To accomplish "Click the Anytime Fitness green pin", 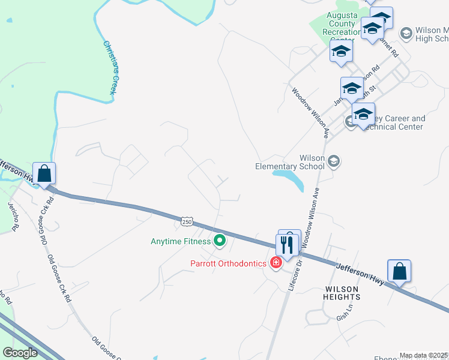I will [x=220, y=241].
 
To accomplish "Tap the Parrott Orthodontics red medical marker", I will [x=276, y=263].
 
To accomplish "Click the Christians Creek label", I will [x=109, y=67].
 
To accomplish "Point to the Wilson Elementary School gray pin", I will [x=334, y=161].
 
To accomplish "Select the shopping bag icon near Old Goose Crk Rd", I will [x=44, y=174].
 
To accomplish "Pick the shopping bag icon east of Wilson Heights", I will [x=399, y=272].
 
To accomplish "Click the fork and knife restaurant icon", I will [x=287, y=244].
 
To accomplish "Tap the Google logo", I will [x=20, y=353].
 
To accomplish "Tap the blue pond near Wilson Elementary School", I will [x=289, y=178].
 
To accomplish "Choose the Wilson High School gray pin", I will [x=406, y=32].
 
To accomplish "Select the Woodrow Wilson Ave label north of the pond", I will [x=311, y=110].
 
